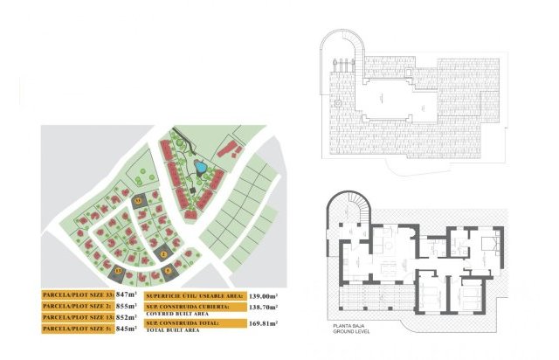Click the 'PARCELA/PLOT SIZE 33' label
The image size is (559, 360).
(x=78, y=295)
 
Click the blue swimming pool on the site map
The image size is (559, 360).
(x=200, y=166)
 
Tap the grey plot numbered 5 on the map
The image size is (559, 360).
(x=169, y=269)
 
